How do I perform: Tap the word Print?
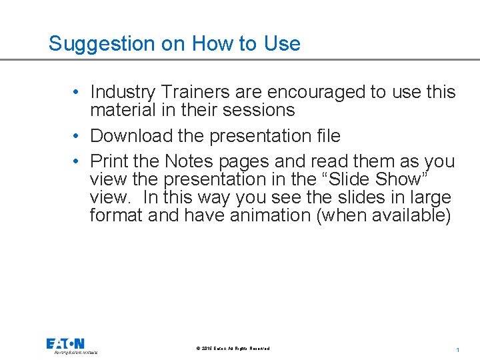(107, 162)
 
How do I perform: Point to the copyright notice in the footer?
(233, 349)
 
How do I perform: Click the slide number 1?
(458, 350)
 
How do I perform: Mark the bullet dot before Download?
(78, 136)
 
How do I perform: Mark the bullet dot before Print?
(78, 162)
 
